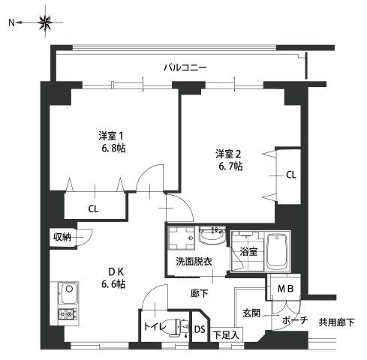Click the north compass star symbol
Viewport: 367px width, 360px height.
coord(44,23)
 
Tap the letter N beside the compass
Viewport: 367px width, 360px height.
coord(12,23)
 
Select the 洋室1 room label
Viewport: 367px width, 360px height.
coord(110,136)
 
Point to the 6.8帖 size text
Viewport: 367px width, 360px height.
coord(111,148)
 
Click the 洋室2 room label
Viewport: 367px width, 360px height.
coord(229,154)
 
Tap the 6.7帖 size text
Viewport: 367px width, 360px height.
coord(230,167)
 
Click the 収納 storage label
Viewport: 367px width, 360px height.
coord(62,237)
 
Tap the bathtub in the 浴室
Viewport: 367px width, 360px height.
coord(279,253)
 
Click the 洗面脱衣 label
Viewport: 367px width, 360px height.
coord(194,261)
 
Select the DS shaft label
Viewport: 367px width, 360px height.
coord(200,328)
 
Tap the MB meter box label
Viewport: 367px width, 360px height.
coord(286,289)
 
